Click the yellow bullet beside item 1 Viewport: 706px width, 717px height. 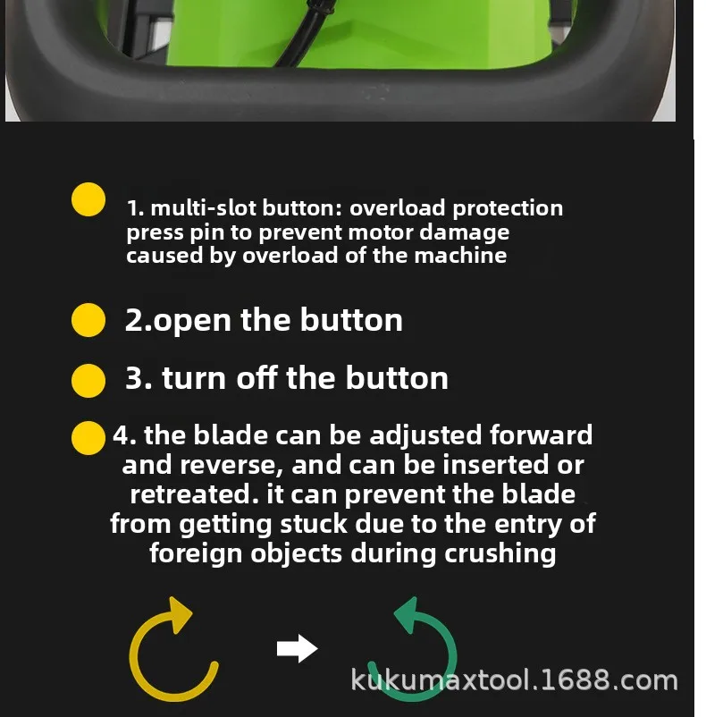(88, 199)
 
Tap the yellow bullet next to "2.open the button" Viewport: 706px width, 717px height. (88, 320)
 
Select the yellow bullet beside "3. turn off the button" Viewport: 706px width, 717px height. (88, 379)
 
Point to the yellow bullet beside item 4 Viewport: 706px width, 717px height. (88, 438)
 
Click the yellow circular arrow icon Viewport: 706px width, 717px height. (172, 654)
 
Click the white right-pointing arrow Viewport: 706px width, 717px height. (298, 649)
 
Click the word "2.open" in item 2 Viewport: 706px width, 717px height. (178, 320)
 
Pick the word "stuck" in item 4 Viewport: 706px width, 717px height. (300, 523)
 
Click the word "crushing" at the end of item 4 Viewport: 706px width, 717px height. (500, 553)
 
